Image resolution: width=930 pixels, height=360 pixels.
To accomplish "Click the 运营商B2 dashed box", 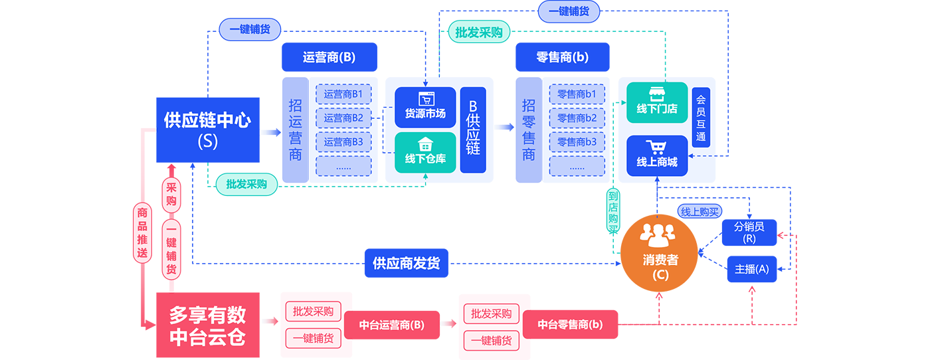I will coord(343,118).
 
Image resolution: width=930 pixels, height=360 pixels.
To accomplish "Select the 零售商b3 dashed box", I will coord(577,142).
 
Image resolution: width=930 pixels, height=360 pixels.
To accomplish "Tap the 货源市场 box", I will coord(425,107).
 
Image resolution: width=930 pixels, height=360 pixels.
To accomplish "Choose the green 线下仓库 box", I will coord(425,152).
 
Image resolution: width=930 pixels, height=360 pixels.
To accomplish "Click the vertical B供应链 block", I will coord(473,130).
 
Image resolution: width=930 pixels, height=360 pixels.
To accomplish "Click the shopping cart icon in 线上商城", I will coord(657,147).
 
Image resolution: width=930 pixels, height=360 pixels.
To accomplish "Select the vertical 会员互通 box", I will coord(701,118).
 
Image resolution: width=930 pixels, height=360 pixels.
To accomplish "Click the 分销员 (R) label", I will coord(749,232).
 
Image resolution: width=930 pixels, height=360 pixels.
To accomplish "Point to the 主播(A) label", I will coord(751,269).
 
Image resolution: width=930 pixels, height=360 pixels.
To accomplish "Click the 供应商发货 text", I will coord(406,264).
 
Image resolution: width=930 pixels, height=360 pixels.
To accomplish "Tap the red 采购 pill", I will coord(171,193).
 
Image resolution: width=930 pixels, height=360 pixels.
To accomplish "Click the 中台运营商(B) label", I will coord(391,325).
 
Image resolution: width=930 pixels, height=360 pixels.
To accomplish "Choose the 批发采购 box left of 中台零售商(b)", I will coord(491,314).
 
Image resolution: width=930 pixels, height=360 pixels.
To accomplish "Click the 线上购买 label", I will coord(699,212).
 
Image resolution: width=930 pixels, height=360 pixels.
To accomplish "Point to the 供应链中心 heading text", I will coord(207,122).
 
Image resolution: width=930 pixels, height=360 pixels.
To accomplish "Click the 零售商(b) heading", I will coord(562,57).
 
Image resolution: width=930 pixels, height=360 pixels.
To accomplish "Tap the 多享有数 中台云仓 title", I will coord(207,325).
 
